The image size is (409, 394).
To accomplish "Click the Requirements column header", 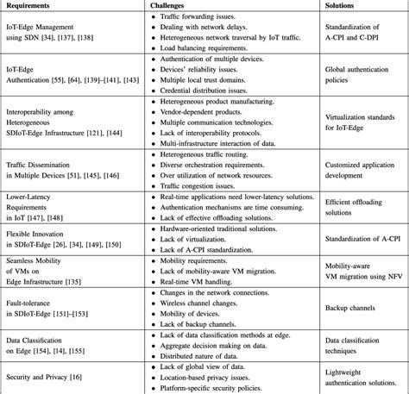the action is coord(30,5).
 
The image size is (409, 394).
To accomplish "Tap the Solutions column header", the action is coord(345,5).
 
